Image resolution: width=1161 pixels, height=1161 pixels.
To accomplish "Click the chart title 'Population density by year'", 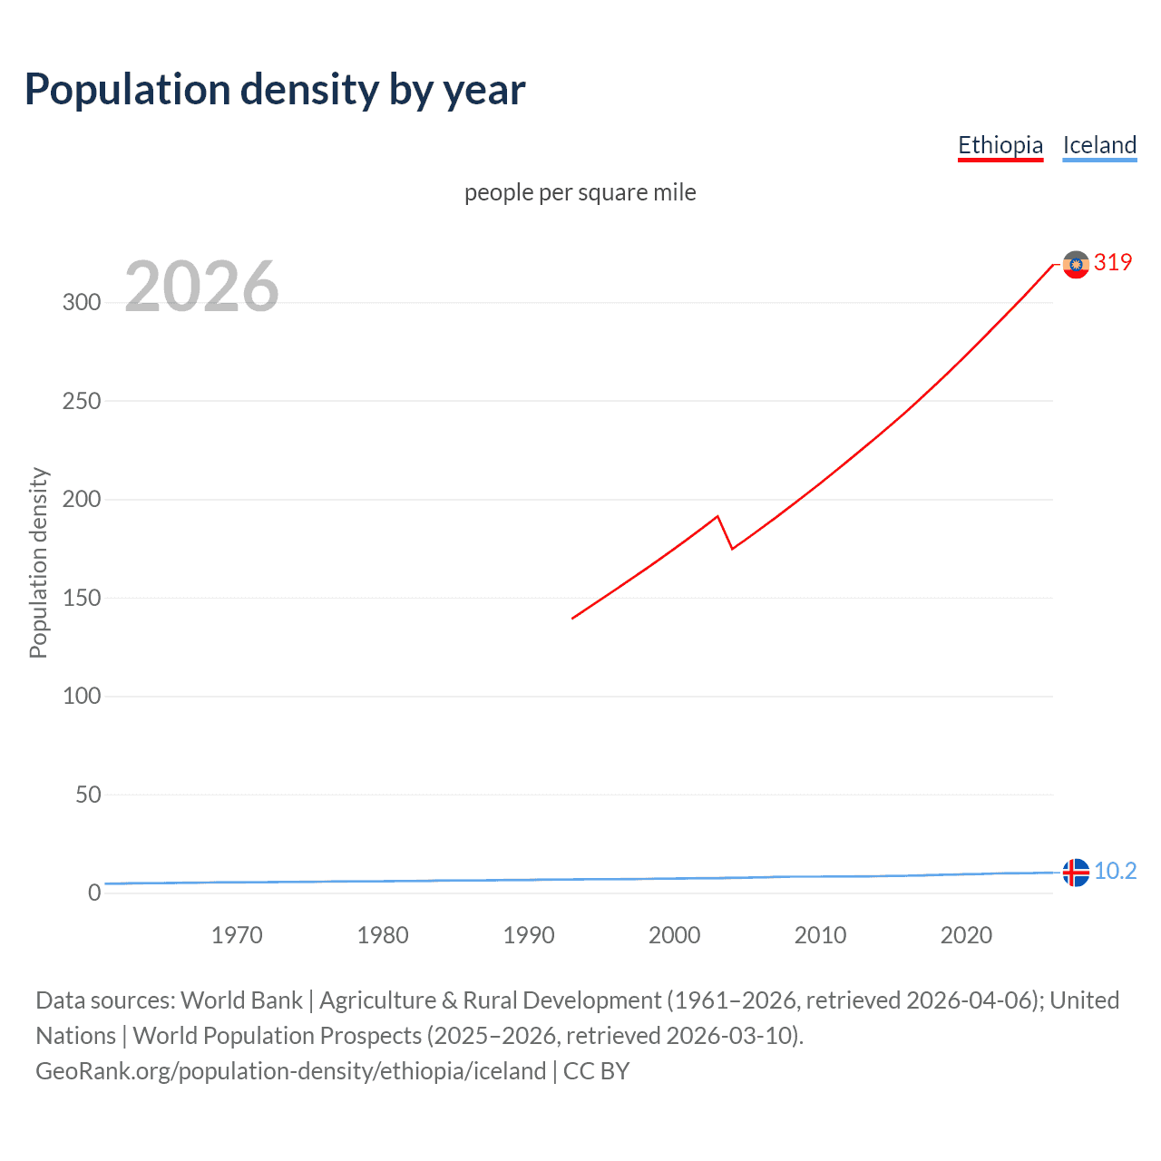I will tap(275, 89).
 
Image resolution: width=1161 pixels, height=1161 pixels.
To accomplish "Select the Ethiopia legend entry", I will tap(1000, 145).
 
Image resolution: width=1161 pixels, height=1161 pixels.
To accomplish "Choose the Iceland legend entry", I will tap(1099, 145).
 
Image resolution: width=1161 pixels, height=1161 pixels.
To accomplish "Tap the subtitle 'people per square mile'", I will tap(580, 192).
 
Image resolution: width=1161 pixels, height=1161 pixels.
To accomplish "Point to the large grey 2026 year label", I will tap(201, 287).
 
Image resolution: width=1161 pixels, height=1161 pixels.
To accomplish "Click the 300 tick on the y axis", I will tap(82, 302).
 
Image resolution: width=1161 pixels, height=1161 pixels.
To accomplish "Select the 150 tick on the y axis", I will tap(82, 598).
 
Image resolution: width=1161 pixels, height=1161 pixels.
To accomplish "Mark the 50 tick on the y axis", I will tap(88, 795).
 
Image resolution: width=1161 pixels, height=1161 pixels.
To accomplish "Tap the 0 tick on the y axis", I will tap(94, 893).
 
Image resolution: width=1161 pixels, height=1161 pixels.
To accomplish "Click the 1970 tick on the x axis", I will tap(237, 935).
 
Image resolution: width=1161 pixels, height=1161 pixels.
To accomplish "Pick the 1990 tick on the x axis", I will tap(529, 935).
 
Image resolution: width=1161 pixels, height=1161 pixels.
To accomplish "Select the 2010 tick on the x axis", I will tap(820, 935).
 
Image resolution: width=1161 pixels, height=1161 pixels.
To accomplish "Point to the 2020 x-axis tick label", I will tap(966, 935).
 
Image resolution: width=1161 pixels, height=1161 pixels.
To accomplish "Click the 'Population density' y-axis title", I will tap(38, 562).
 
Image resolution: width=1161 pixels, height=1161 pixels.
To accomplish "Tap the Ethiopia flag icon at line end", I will tap(1076, 265).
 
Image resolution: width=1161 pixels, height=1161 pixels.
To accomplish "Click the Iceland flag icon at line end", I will tap(1076, 872).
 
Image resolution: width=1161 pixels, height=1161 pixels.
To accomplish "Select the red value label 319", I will tap(1113, 262).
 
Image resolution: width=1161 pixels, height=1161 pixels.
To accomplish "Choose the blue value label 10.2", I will tap(1115, 871).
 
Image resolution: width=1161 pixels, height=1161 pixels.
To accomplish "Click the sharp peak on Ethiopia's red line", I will tap(717, 516).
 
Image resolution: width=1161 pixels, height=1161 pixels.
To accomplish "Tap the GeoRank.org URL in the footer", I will tap(290, 1070).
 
